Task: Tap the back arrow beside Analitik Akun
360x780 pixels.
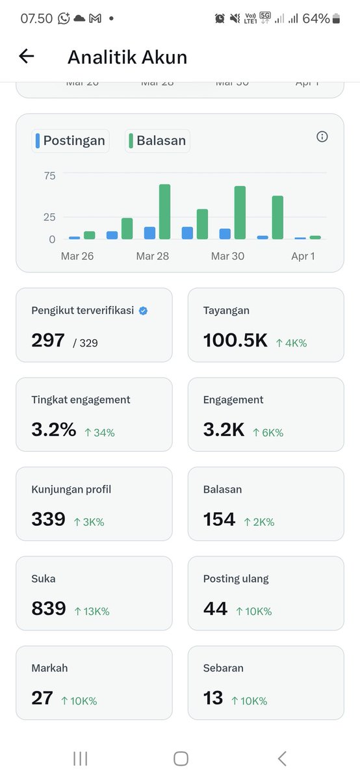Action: point(26,57)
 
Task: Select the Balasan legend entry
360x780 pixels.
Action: point(157,140)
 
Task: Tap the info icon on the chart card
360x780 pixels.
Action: point(322,136)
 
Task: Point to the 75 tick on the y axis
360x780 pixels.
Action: point(50,175)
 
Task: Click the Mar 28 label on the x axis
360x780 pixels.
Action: point(153,256)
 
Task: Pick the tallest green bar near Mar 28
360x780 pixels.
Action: point(164,211)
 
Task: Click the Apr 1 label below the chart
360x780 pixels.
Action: point(303,256)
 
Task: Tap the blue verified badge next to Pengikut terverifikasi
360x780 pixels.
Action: point(143,311)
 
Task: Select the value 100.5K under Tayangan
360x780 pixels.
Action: point(235,340)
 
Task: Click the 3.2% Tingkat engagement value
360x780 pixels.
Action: point(53,430)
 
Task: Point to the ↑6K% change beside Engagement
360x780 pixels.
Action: point(268,432)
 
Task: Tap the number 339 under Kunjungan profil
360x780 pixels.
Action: point(49,519)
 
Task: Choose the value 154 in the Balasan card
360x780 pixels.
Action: point(219,519)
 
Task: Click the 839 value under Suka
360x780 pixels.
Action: point(49,608)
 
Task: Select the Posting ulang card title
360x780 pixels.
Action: point(236,578)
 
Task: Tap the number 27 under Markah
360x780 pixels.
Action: point(42,698)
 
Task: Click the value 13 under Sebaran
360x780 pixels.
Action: point(213,698)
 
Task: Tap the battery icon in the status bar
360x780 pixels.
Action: point(336,19)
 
